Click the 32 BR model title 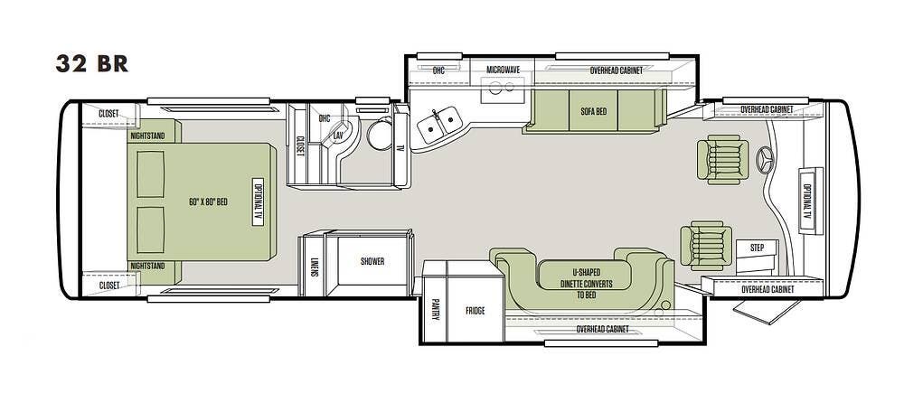tap(91, 63)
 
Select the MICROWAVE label tap(503, 70)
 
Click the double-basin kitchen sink tap(439, 124)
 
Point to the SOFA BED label tap(594, 111)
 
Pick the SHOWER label tap(372, 261)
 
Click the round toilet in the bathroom tap(380, 135)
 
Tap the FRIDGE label tap(476, 311)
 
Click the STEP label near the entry tap(757, 248)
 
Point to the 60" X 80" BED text tap(208, 201)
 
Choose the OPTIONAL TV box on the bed tap(258, 201)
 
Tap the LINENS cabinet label tap(315, 267)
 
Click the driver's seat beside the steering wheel tap(722, 160)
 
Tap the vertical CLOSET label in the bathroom tap(300, 145)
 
